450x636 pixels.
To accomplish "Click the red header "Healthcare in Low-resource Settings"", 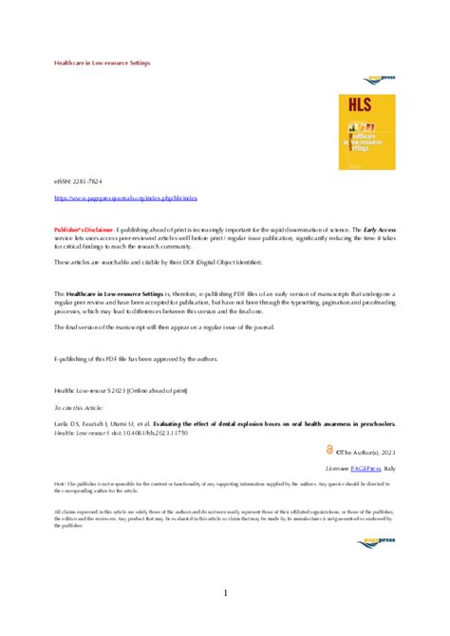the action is click(102, 63).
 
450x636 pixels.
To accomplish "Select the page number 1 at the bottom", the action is click(225, 593).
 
